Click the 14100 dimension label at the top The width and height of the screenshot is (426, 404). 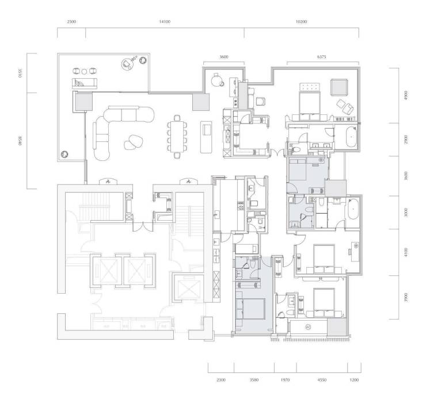pyautogui.click(x=165, y=22)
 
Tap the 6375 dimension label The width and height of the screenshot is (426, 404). pyautogui.click(x=321, y=57)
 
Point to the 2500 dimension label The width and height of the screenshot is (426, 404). pyautogui.click(x=71, y=22)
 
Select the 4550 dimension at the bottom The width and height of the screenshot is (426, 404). pyautogui.click(x=322, y=380)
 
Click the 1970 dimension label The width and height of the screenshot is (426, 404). pyautogui.click(x=285, y=380)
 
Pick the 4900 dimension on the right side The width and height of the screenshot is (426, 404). pyautogui.click(x=406, y=95)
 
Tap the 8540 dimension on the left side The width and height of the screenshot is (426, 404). pyautogui.click(x=20, y=141)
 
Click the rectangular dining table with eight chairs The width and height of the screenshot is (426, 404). pyautogui.click(x=177, y=136)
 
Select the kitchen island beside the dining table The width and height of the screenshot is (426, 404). pyautogui.click(x=206, y=137)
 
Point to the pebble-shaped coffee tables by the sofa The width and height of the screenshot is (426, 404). pyautogui.click(x=133, y=142)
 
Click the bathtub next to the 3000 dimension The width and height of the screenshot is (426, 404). pyautogui.click(x=352, y=209)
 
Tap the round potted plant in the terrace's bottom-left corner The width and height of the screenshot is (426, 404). pyautogui.click(x=64, y=154)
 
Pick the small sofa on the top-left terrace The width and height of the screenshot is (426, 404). pyautogui.click(x=85, y=83)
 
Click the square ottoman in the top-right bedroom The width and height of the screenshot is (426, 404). pyautogui.click(x=339, y=87)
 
